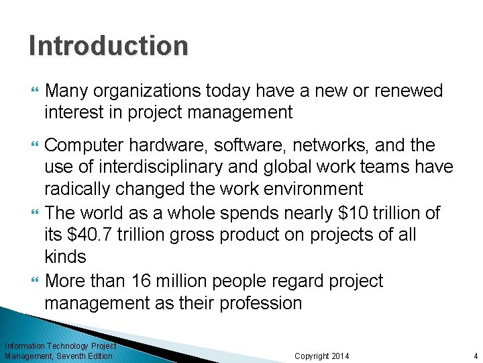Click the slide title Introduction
(109, 46)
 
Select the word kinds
(65, 257)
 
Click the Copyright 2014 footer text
(322, 356)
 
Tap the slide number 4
(475, 356)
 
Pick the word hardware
(178, 146)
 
